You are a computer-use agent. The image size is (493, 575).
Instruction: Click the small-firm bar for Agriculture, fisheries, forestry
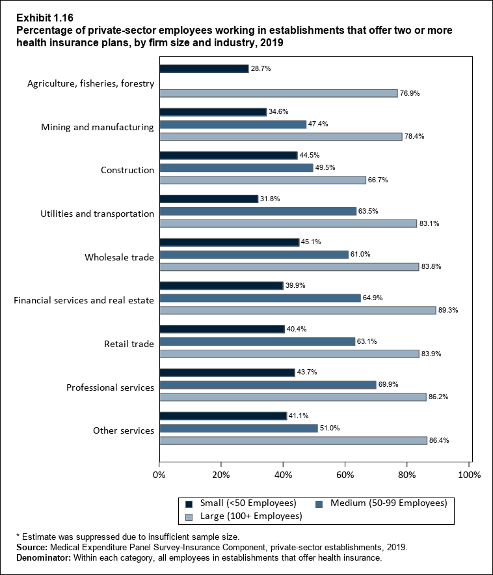[204, 68]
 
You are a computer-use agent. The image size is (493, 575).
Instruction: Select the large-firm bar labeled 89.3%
[297, 310]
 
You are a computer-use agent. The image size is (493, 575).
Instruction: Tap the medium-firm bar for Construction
[235, 167]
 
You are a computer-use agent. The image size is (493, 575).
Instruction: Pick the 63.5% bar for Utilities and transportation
[258, 211]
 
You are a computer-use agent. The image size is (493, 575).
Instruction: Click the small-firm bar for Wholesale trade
[229, 242]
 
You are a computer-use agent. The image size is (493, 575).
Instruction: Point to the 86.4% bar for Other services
[293, 441]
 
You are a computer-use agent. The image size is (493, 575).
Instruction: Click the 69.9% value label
[389, 385]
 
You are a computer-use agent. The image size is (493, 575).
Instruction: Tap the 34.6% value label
[279, 112]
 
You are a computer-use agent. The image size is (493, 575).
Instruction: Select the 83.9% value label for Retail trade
[432, 354]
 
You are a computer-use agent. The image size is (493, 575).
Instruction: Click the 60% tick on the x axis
[345, 474]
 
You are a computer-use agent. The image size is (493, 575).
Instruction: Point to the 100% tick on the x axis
[469, 474]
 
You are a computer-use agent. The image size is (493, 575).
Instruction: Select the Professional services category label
[111, 387]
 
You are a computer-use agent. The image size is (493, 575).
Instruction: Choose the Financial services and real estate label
[84, 300]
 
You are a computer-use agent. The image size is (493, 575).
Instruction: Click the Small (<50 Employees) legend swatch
[189, 503]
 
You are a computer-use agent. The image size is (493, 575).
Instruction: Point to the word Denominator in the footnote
[44, 557]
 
